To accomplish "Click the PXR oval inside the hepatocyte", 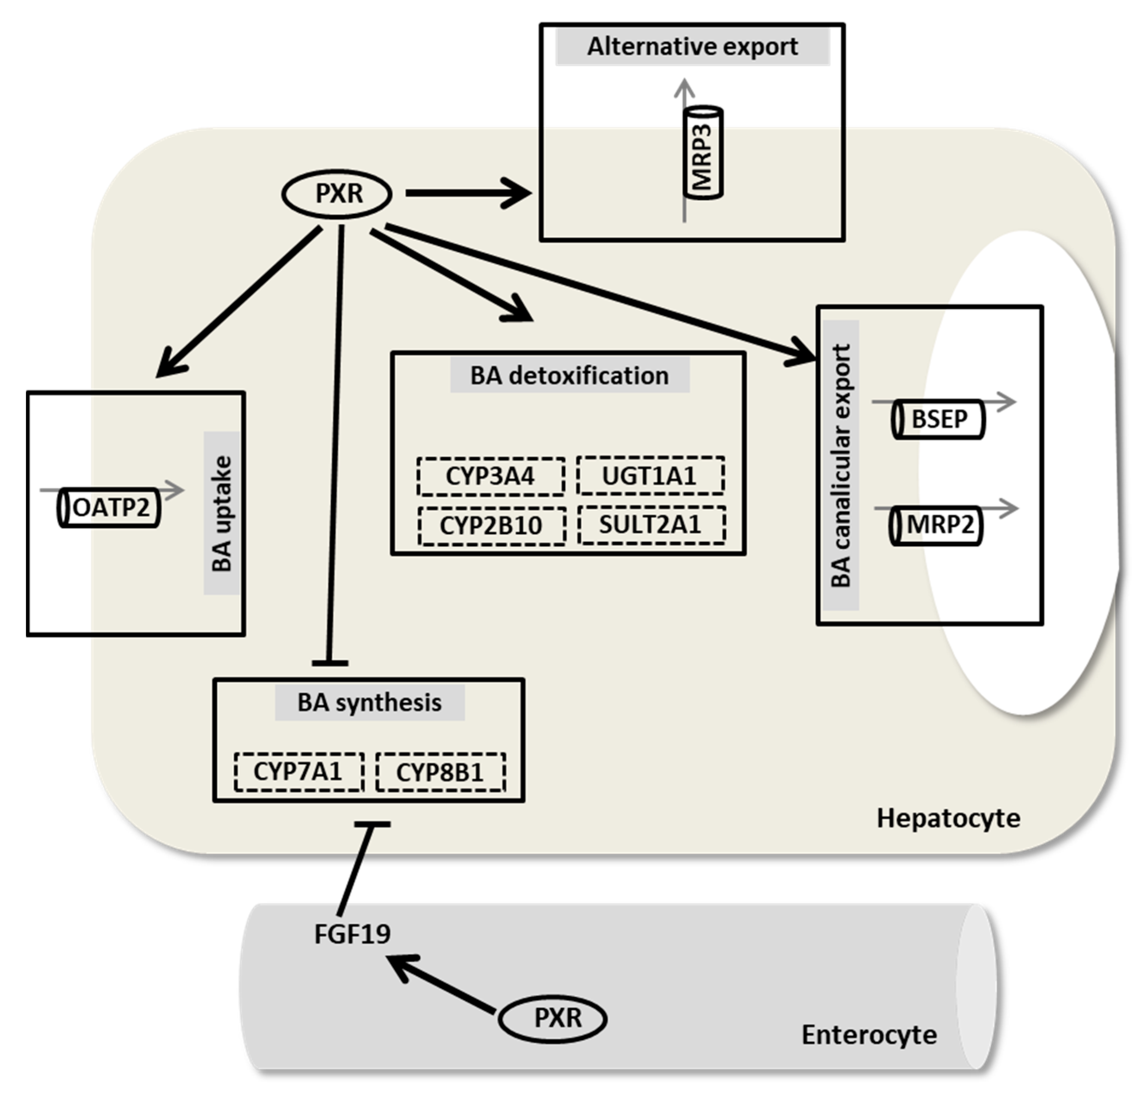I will click(x=337, y=194).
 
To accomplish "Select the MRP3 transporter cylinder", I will click(x=703, y=153).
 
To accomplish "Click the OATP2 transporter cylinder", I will click(x=109, y=508).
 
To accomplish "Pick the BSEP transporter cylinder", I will click(x=938, y=419).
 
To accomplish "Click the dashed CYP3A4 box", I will click(x=490, y=477).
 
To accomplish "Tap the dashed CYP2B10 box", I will click(x=491, y=525).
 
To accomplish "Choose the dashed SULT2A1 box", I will click(x=651, y=525).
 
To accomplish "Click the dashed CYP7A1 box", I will click(x=298, y=771).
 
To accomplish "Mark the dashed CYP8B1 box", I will click(x=440, y=772).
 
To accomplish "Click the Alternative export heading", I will click(x=692, y=47).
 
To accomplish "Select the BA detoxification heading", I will click(x=570, y=376).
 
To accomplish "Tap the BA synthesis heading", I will click(x=369, y=702).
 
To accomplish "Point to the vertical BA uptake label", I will click(x=222, y=513).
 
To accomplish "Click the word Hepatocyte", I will click(x=948, y=818).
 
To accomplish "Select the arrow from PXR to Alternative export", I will click(x=467, y=193).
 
